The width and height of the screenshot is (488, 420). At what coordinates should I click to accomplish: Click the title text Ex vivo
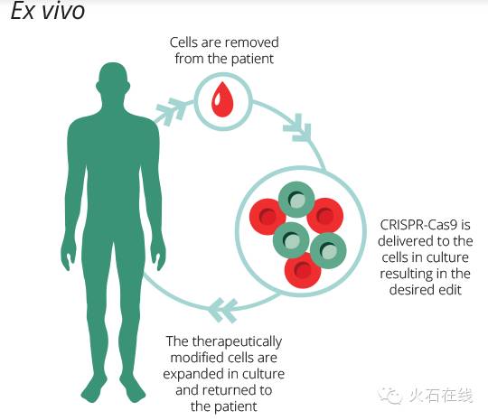point(48,11)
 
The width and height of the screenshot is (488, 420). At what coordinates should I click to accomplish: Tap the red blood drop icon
point(222,99)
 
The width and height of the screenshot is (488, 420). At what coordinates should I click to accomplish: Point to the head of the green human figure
point(113,81)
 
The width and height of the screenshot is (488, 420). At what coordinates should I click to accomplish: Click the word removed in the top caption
point(253,42)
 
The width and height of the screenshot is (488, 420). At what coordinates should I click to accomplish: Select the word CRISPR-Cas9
point(418,225)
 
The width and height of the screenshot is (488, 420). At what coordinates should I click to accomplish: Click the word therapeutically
point(237,342)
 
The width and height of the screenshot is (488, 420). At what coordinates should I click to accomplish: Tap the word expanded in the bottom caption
point(193,374)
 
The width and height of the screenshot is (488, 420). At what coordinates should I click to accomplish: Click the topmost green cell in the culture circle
point(296,200)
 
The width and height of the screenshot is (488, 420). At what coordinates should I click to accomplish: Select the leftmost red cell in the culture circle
point(267,217)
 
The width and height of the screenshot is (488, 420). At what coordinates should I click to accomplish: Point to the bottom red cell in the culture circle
point(303,270)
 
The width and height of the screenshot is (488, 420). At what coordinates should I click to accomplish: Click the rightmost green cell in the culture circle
point(328,251)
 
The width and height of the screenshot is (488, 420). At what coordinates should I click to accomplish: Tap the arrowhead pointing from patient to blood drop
point(172,111)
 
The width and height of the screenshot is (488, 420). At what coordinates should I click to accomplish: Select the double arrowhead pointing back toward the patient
point(222,310)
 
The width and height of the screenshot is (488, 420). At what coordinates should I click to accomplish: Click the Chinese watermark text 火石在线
point(441,396)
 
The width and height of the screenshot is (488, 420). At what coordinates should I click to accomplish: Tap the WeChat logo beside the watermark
point(390,396)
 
